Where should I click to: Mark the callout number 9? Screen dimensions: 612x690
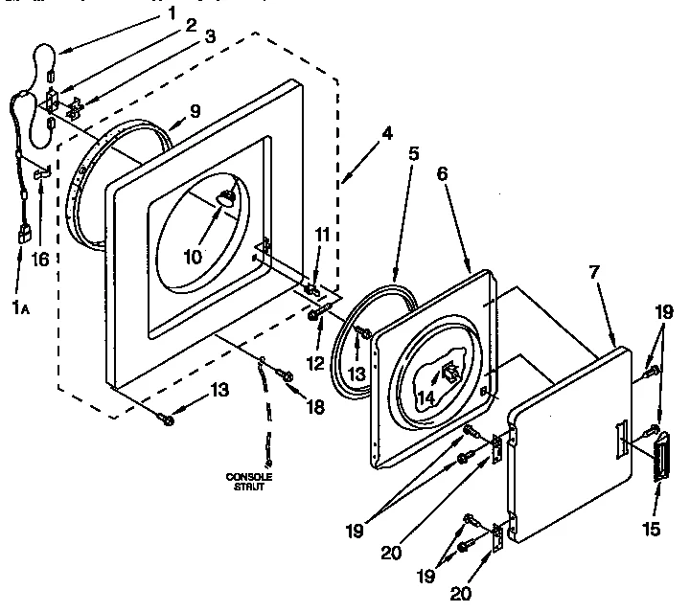(195, 112)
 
